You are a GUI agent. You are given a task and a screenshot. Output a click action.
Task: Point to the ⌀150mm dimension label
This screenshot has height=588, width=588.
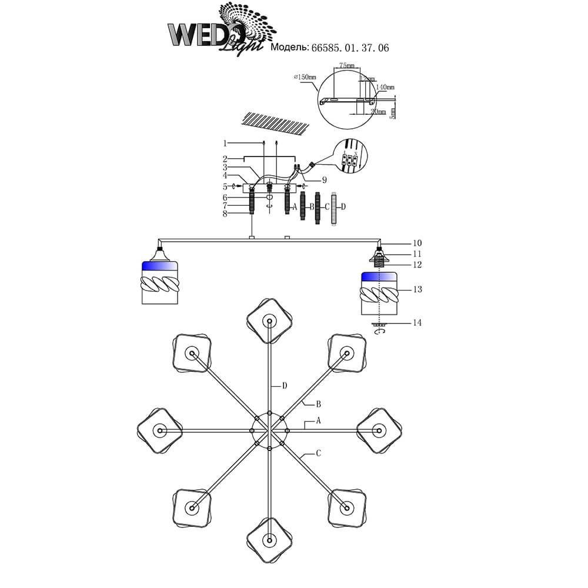[305, 77]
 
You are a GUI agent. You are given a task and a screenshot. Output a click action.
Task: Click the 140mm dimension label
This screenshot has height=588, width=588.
[385, 87]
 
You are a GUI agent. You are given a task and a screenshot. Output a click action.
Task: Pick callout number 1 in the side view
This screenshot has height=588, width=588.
[225, 143]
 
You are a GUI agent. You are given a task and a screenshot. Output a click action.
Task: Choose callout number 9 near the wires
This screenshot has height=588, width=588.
[324, 180]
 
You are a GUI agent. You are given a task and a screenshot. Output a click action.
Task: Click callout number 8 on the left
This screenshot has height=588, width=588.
[225, 215]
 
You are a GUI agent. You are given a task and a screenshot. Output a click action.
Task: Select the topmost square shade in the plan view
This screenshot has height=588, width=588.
[269, 320]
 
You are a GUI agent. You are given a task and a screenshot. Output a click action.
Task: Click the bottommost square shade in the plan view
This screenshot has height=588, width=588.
[269, 539]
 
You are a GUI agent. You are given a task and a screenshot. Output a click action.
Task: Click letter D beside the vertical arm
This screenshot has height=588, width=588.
[285, 386]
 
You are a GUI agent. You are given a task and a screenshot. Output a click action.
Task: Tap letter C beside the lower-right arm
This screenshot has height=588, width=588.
[318, 453]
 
